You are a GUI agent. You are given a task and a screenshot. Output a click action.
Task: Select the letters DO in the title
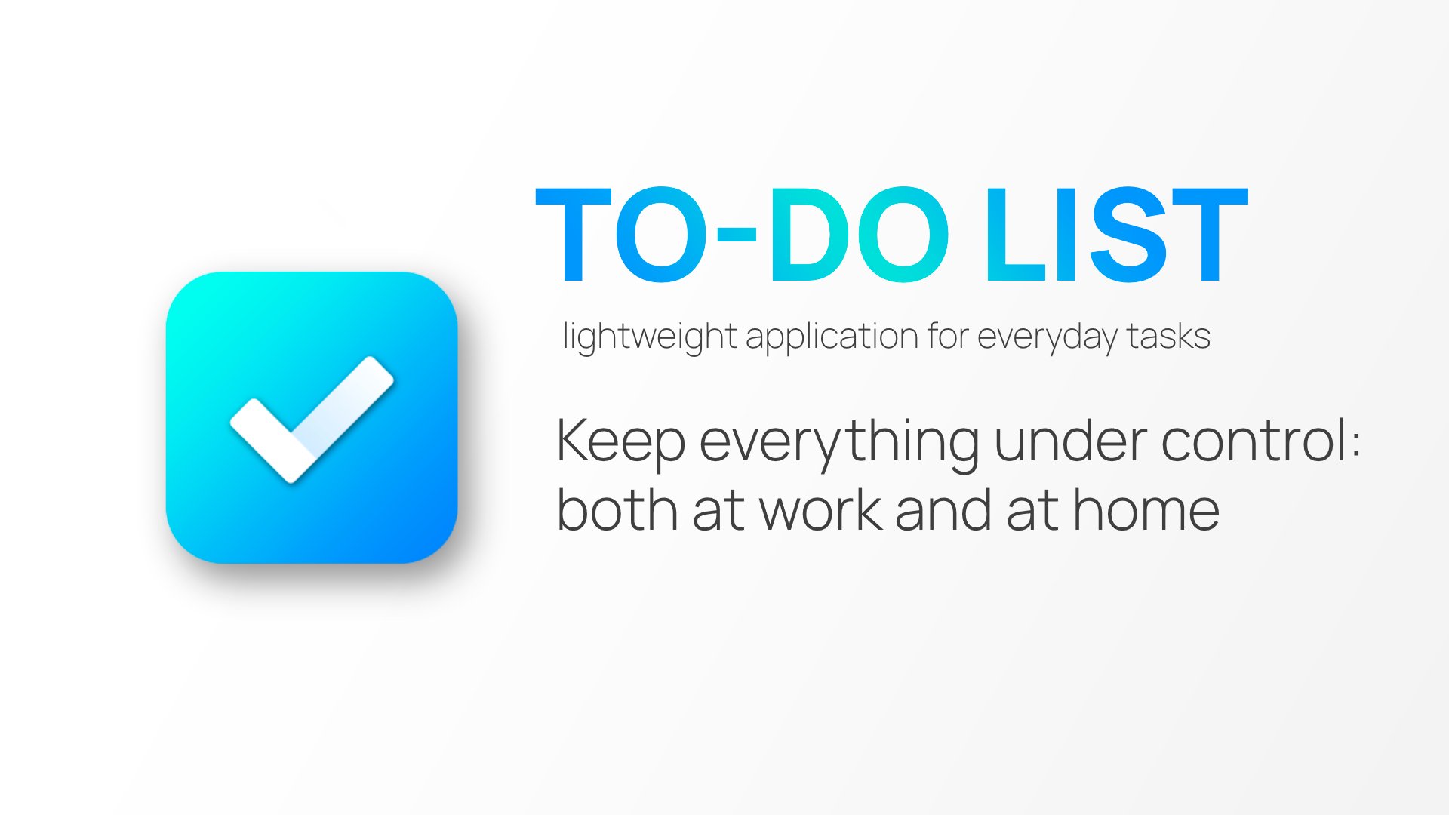click(x=859, y=235)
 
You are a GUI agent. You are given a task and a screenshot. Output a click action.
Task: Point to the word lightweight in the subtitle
click(x=650, y=337)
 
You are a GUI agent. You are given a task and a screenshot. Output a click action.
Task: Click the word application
click(x=832, y=337)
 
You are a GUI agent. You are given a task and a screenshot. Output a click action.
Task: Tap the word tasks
click(x=1169, y=337)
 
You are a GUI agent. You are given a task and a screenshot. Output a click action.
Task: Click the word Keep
click(x=620, y=442)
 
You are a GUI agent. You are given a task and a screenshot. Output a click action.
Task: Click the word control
click(x=1254, y=441)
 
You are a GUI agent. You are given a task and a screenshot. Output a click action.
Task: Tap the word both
click(x=617, y=510)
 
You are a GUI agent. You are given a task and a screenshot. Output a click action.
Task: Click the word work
click(x=821, y=510)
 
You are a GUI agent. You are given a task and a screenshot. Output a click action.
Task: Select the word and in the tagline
click(x=942, y=510)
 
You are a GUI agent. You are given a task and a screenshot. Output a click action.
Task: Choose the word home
click(x=1146, y=510)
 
